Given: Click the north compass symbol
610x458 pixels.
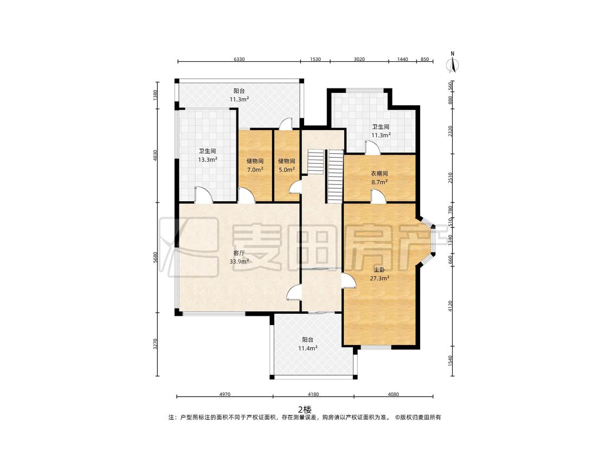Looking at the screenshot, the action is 452,63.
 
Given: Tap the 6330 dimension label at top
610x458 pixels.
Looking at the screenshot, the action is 239,59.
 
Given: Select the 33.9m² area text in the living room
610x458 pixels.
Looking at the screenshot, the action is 239,262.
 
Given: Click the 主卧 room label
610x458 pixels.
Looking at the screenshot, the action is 380,270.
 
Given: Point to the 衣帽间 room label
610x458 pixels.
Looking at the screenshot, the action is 380,173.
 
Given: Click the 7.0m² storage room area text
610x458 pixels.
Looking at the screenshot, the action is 255,169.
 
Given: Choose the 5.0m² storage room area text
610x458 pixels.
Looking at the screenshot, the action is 286,169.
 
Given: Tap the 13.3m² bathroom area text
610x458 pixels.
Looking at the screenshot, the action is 208,160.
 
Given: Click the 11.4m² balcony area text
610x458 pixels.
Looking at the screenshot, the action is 308,348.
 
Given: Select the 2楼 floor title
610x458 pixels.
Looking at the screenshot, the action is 305,409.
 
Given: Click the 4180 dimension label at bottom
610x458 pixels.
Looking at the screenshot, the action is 313,394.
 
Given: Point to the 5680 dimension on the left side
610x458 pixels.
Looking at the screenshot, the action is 155,257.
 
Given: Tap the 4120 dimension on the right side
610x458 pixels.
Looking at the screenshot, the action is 451,305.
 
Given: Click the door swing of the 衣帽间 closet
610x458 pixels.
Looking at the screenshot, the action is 377,196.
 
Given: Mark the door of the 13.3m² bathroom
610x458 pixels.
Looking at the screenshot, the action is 203,195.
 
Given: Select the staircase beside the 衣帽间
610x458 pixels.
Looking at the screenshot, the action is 335,176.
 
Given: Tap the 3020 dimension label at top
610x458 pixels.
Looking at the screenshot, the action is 359,59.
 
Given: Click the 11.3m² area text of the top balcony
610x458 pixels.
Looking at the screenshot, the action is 239,99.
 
